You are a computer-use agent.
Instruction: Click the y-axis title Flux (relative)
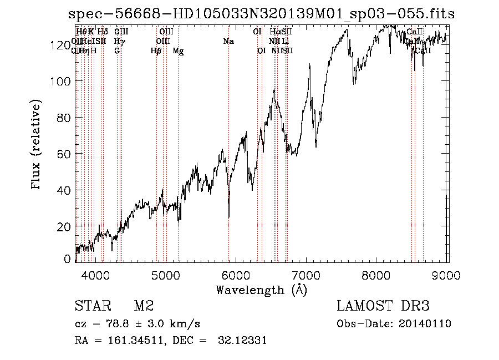(x=37, y=145)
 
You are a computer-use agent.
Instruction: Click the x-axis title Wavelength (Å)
(x=261, y=290)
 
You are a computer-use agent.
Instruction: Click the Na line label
(x=228, y=41)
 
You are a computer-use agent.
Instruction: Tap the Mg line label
(x=178, y=51)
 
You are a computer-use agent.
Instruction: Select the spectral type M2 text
(x=144, y=306)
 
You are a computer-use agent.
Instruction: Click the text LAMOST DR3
(x=383, y=306)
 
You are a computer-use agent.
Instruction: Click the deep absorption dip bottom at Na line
(x=228, y=217)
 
